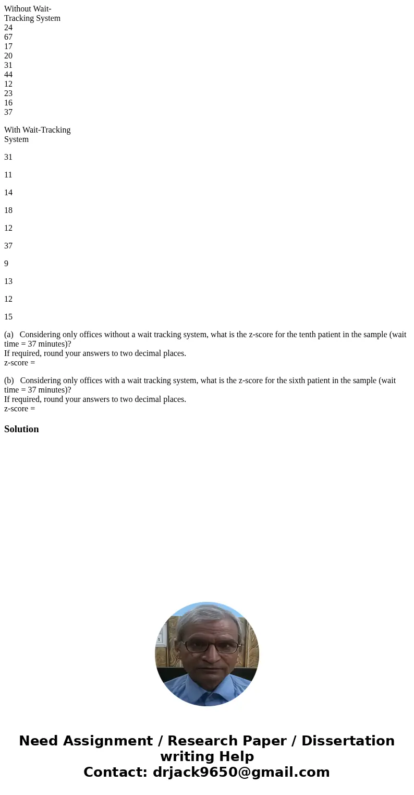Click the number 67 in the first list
coord(8,37)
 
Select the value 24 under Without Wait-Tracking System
coord(8,28)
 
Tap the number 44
coord(8,75)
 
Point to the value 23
coord(8,93)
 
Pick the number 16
coord(8,103)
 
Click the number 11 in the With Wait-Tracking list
coord(8,175)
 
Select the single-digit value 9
coord(6,264)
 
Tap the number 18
coord(8,210)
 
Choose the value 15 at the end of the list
coord(8,317)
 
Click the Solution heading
coord(21,429)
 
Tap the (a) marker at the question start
coord(9,335)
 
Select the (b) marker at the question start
coord(9,381)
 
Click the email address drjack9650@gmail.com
coord(241,772)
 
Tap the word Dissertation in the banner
coord(348,741)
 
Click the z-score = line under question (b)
coord(20,409)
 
